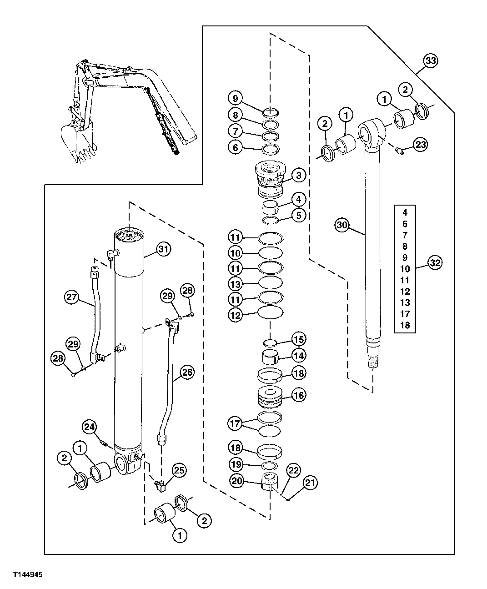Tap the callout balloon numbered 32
(x=435, y=262)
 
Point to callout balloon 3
(x=298, y=175)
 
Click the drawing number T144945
(x=22, y=575)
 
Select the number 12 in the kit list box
(x=405, y=292)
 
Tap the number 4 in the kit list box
(x=405, y=212)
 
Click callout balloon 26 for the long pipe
(x=187, y=372)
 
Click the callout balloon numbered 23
(x=421, y=145)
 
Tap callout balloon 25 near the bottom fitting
(x=179, y=471)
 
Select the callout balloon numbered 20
(x=237, y=481)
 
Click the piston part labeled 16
(x=271, y=395)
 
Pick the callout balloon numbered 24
(x=90, y=427)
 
